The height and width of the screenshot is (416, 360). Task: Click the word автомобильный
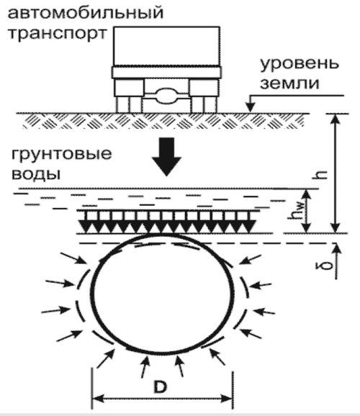86,12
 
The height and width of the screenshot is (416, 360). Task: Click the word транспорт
58,34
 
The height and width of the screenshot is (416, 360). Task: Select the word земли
289,83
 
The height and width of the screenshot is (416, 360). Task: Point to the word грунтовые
61,155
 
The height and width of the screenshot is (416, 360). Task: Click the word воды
36,173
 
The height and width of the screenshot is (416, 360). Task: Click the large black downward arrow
167,156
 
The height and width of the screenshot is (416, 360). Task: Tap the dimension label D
160,387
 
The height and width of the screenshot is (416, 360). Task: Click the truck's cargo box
167,46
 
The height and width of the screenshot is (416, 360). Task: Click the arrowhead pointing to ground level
250,108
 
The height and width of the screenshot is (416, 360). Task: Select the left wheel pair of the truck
129,104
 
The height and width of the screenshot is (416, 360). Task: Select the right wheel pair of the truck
204,104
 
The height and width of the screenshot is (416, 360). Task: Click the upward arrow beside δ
336,261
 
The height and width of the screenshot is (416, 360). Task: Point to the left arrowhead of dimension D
98,399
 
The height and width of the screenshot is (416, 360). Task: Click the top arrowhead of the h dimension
336,119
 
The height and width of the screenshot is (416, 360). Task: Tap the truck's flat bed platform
166,72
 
